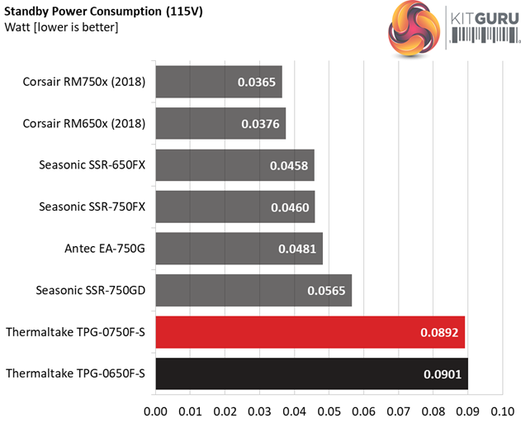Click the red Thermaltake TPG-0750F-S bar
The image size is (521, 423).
pyautogui.click(x=310, y=332)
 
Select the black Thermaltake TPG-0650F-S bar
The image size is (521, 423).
pyautogui.click(x=311, y=374)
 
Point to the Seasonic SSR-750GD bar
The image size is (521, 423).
pyautogui.click(x=253, y=290)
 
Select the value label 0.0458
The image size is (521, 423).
pyautogui.click(x=289, y=165)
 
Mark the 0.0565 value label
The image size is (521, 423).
pyautogui.click(x=327, y=291)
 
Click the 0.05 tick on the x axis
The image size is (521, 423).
pyautogui.click(x=329, y=410)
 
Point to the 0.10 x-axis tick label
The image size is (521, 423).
pyautogui.click(x=502, y=410)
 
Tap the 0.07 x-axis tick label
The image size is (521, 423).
pyautogui.click(x=398, y=410)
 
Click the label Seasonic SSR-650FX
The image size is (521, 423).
pyautogui.click(x=92, y=165)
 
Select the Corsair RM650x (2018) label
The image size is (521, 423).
pyautogui.click(x=85, y=124)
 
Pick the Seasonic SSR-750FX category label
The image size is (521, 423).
pyautogui.click(x=92, y=207)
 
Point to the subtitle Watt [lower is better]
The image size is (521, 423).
pyautogui.click(x=62, y=28)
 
